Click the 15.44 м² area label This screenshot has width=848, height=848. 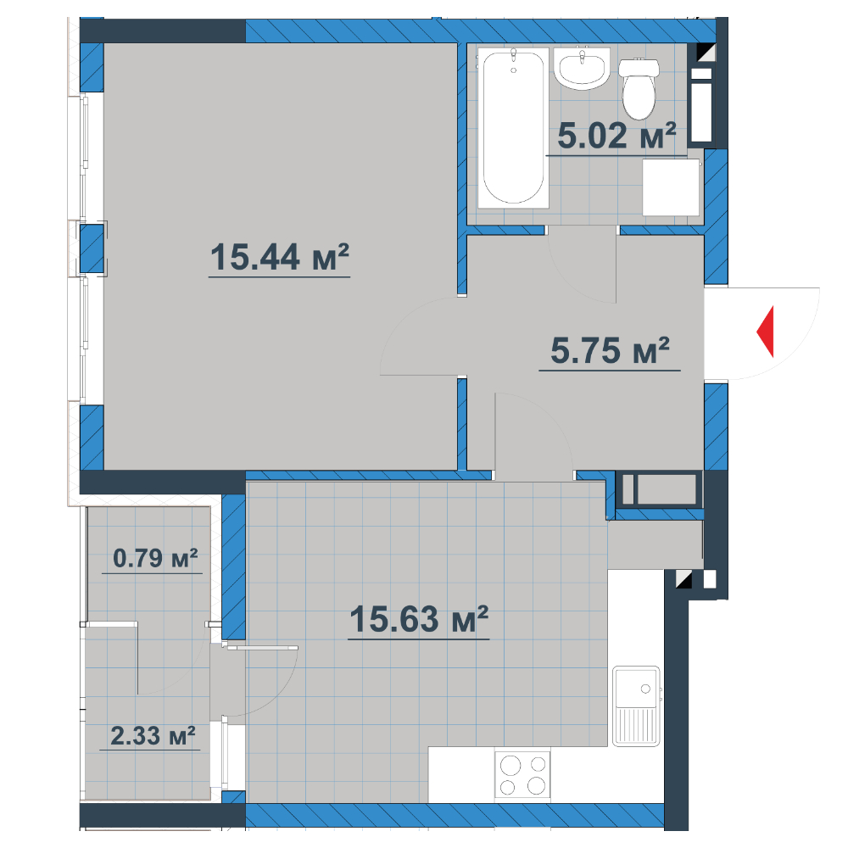(x=280, y=257)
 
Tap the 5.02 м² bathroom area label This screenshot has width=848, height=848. (x=616, y=135)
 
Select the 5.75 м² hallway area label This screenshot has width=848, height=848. (x=610, y=350)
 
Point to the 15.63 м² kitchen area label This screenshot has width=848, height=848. (x=419, y=619)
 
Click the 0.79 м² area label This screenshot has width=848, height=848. (x=155, y=558)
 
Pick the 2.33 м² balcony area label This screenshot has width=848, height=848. (x=153, y=736)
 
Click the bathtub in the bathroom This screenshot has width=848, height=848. (x=513, y=128)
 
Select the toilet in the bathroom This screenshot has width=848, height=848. (x=639, y=88)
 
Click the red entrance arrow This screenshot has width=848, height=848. (x=765, y=332)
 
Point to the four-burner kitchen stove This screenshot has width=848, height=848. (x=522, y=774)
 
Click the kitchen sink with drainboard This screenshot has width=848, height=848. (x=637, y=706)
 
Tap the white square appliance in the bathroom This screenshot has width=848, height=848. (x=671, y=187)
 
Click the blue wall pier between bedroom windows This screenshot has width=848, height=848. (x=92, y=248)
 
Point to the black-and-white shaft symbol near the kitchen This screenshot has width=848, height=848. (x=684, y=579)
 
